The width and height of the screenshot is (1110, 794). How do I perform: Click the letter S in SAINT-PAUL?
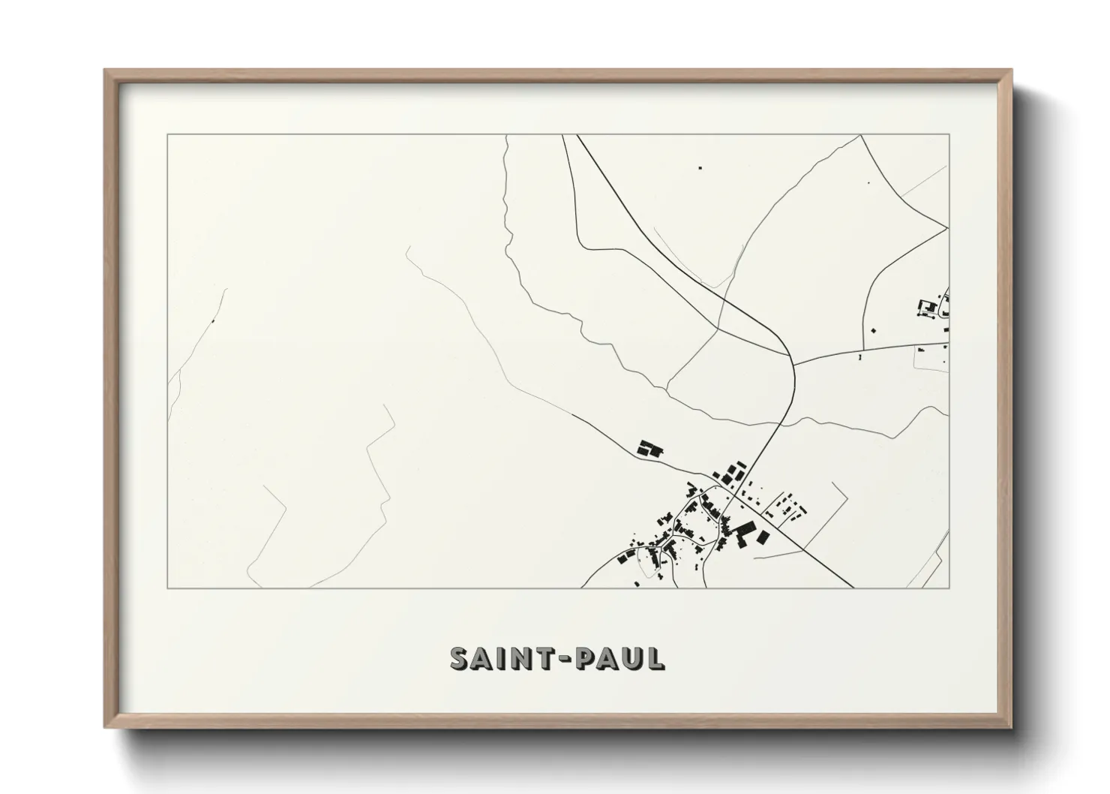coord(460,658)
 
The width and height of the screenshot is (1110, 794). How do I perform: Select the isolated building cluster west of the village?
coord(649,449)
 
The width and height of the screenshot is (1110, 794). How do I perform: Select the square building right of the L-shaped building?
coord(763,537)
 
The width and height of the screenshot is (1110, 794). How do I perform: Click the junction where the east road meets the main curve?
coord(794,365)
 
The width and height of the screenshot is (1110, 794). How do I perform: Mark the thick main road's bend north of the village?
coord(789,353)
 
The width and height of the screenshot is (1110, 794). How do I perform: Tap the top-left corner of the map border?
coord(167,135)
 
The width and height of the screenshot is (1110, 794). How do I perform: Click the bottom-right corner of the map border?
coord(949,588)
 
